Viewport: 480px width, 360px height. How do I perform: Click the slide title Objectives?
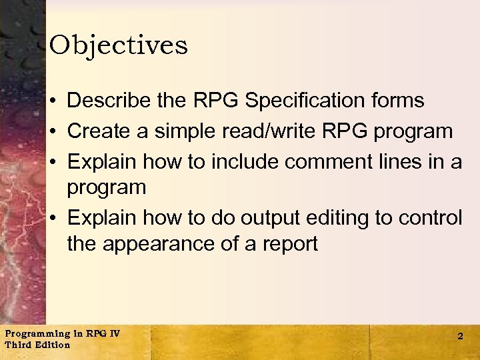pos(119,45)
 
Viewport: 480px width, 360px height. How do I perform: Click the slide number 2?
pos(460,337)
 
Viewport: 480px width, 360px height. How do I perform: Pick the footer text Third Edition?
pos(37,345)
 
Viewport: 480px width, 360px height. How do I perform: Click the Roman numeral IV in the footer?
pos(114,333)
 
